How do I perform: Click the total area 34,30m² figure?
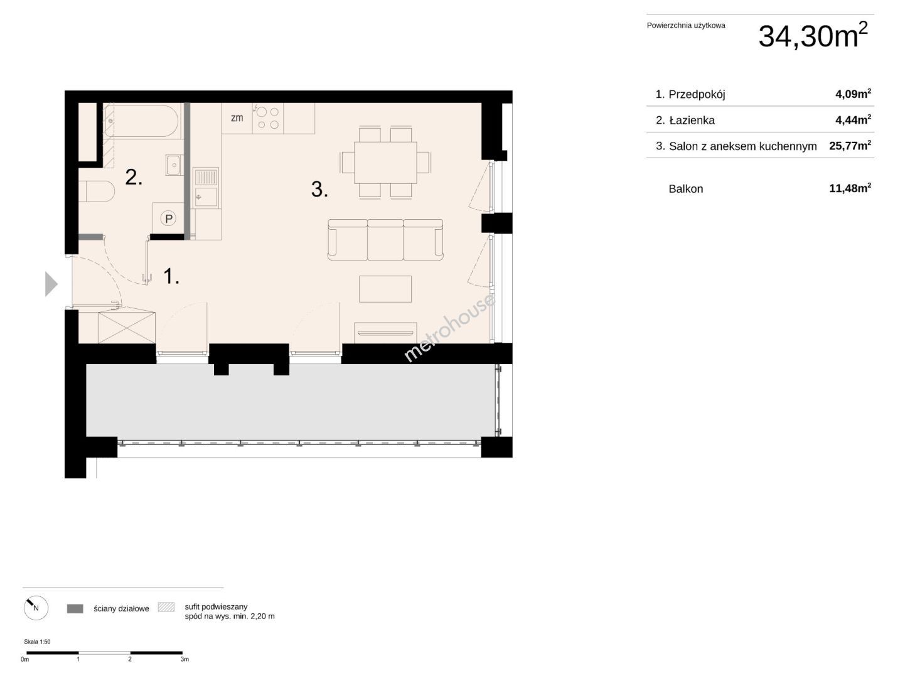click(813, 35)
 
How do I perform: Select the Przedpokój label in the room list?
click(697, 94)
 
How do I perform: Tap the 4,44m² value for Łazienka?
click(853, 120)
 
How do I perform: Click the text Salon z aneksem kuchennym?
click(742, 146)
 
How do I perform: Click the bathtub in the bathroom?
click(142, 120)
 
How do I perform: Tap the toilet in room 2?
click(97, 191)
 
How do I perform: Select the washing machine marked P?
click(168, 218)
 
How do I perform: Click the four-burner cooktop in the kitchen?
click(268, 118)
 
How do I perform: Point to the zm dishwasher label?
click(237, 118)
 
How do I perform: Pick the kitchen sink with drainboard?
click(206, 188)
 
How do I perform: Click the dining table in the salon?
click(385, 163)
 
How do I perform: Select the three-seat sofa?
click(385, 240)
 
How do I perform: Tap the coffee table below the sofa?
click(385, 289)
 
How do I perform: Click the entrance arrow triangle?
click(51, 284)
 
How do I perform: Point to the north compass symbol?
click(36, 608)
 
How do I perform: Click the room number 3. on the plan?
click(319, 190)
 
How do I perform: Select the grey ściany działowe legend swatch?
click(75, 608)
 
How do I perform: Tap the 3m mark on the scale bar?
click(185, 659)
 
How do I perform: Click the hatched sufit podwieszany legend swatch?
click(166, 606)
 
